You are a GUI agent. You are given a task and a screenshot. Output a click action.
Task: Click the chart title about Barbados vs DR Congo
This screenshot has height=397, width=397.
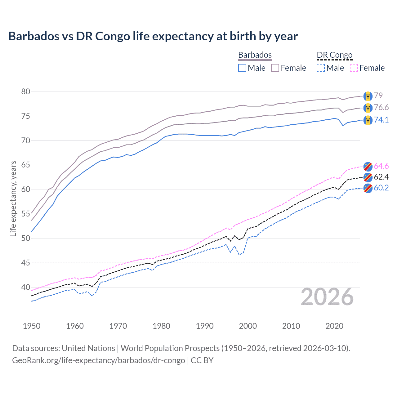point(153,36)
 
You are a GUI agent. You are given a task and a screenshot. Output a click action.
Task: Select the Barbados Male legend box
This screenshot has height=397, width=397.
point(242,68)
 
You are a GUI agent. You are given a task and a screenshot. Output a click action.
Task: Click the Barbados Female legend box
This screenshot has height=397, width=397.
point(275,68)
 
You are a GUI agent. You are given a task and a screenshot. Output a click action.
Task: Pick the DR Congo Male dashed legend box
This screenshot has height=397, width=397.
point(321,68)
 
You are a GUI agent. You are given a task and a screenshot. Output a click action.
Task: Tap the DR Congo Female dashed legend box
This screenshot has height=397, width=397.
point(354,68)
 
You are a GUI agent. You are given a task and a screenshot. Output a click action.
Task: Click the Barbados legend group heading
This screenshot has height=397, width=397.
point(255,55)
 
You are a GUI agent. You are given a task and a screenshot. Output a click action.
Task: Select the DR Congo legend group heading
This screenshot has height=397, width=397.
point(335,55)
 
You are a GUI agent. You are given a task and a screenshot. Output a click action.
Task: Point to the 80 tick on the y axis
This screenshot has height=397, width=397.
point(26,91)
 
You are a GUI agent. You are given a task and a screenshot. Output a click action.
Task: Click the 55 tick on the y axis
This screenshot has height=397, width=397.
point(26,214)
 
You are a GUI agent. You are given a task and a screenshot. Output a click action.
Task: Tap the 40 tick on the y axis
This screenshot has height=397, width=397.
point(26,287)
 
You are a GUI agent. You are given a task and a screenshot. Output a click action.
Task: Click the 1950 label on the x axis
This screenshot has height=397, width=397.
point(32,326)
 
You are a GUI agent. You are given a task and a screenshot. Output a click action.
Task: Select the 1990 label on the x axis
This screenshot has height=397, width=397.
point(205,326)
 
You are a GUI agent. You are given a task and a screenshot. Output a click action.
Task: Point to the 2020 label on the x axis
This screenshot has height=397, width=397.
point(334,326)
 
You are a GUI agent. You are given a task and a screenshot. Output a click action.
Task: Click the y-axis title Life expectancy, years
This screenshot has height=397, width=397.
point(13,198)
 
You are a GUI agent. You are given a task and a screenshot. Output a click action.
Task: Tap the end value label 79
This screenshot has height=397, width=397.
point(378,96)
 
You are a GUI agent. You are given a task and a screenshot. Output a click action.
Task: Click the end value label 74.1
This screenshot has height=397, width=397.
point(381,120)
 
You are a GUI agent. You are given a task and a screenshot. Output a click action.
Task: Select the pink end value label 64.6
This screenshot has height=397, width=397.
point(381,166)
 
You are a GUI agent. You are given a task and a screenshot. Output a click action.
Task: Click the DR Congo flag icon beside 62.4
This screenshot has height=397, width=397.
point(368,177)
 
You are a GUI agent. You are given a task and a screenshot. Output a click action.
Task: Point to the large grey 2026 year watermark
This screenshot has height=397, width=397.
point(327,297)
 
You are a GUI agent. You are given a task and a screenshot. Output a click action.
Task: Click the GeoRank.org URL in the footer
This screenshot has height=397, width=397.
point(98,360)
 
